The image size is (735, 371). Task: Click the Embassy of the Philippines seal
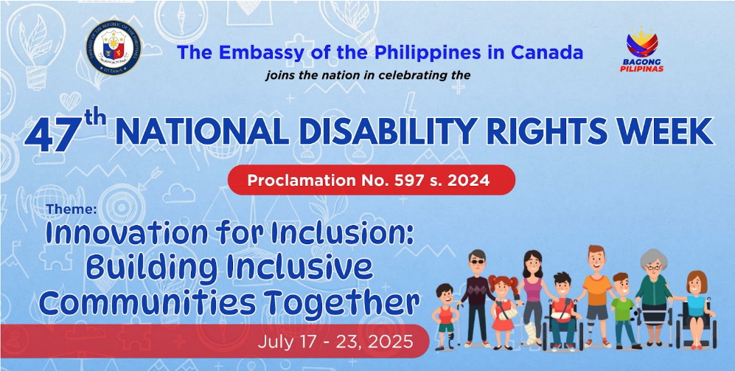[x=114, y=48]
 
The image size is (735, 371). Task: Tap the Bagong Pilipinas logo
[x=641, y=49]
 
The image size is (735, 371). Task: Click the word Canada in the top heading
[x=547, y=52]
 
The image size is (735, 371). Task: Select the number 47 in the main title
[x=51, y=135]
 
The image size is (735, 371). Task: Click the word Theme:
[x=72, y=209]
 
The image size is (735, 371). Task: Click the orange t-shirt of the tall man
[x=597, y=290]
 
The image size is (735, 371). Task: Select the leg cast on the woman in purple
[x=530, y=334]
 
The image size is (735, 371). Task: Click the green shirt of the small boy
[x=622, y=309]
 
